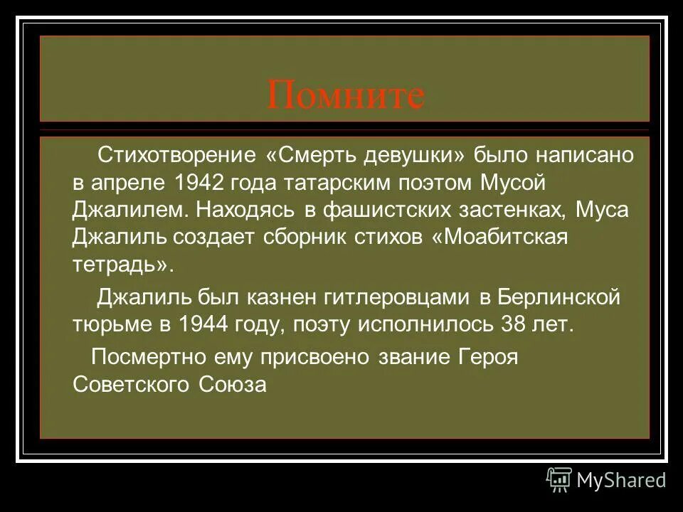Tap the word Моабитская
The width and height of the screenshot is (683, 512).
505,238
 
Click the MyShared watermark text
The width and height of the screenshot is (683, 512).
621,480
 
